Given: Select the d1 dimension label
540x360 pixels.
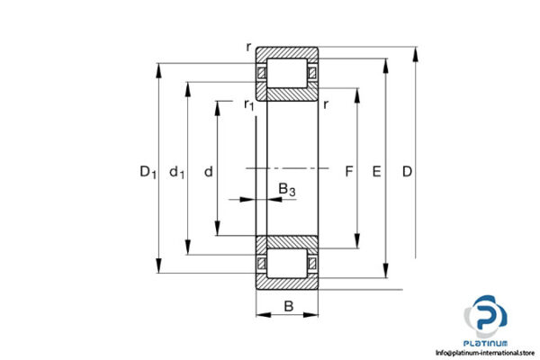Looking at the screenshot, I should click(177, 171).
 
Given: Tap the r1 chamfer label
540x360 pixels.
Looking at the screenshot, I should click(248, 105).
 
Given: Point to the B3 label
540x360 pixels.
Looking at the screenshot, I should click(286, 189).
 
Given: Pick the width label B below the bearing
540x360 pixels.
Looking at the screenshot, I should click(288, 306).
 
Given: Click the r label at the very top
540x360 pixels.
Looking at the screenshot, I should click(248, 45).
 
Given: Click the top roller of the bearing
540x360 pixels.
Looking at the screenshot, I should click(288, 73).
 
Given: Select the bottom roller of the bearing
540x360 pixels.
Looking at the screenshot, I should click(288, 262).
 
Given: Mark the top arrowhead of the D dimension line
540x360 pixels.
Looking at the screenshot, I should click(417, 52).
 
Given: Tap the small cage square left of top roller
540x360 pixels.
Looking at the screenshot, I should click(262, 73).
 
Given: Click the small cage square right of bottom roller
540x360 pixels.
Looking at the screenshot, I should click(313, 262).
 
